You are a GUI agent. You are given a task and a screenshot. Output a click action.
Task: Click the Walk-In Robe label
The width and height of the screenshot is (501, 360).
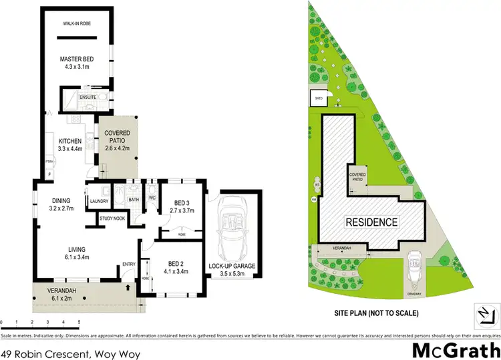(77, 23)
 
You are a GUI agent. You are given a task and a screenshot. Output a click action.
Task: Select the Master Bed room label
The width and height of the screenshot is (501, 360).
(77, 63)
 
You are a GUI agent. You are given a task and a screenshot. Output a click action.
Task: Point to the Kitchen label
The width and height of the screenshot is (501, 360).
(69, 145)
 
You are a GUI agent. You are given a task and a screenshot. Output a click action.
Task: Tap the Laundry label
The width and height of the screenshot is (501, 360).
(99, 199)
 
